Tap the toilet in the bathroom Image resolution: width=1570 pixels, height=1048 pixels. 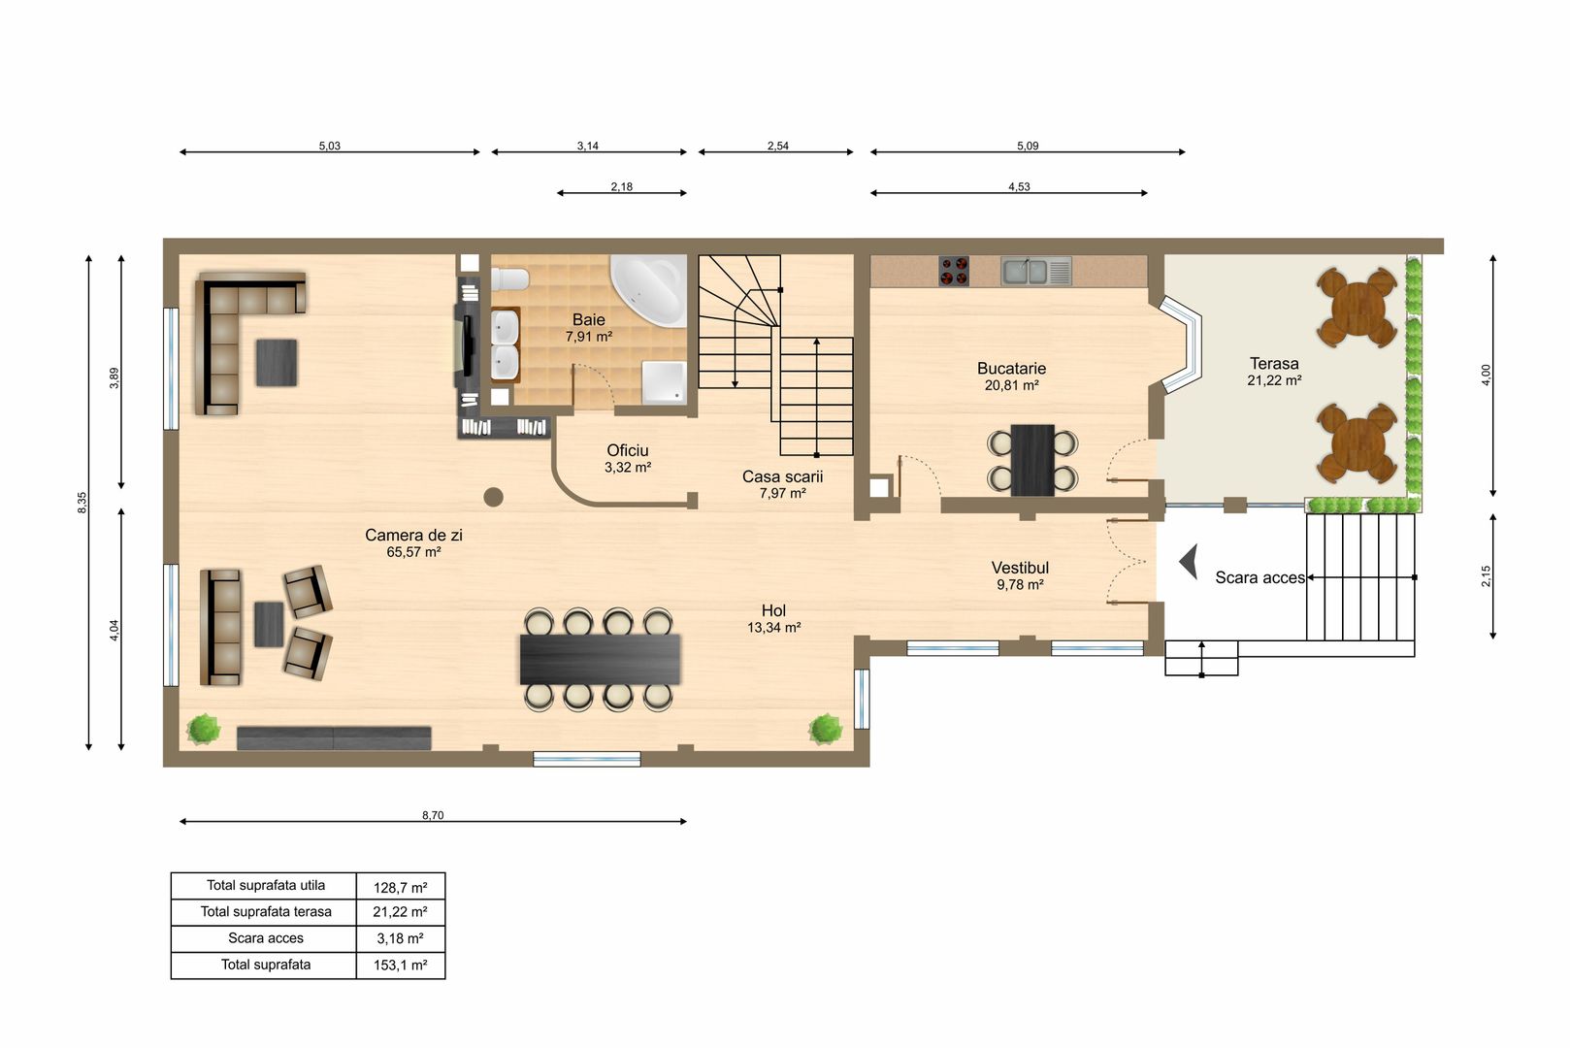[x=509, y=279]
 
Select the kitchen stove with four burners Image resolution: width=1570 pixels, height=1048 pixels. [x=954, y=272]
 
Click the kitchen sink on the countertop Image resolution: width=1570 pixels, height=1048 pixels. [x=1036, y=272]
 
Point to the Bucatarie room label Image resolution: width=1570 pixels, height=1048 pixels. [x=1011, y=368]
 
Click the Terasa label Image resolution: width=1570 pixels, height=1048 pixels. [x=1274, y=364]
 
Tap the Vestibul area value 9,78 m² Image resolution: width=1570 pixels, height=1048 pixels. [x=1021, y=584]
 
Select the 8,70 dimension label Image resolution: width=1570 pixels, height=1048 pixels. [x=433, y=815]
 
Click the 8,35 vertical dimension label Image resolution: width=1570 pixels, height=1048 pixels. [x=82, y=502]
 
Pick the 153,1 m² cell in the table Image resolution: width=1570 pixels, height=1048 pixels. [x=400, y=966]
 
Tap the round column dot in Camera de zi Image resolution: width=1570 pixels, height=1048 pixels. [x=494, y=497]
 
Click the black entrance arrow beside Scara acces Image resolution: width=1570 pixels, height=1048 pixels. [x=1189, y=562]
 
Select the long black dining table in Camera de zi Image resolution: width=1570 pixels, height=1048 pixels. [x=600, y=659]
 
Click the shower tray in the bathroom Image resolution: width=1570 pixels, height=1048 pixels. [x=664, y=382]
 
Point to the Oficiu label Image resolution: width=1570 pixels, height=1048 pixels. [x=627, y=451]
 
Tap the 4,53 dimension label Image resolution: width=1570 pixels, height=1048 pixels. [x=1019, y=186]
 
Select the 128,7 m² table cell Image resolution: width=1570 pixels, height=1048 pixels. [x=400, y=887]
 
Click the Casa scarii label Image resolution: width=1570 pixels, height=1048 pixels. [x=782, y=476]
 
